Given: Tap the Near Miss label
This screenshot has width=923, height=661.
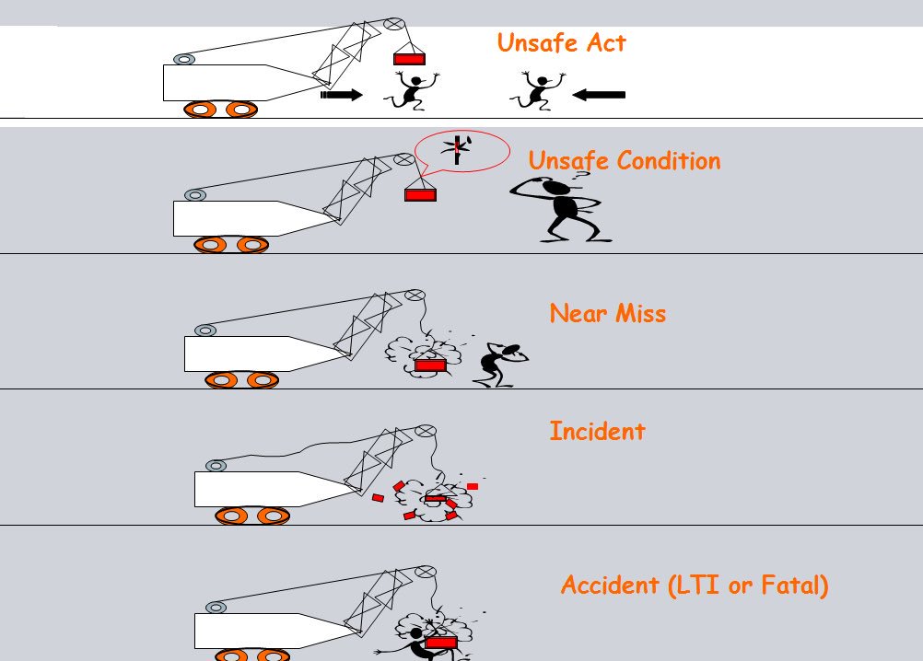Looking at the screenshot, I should (x=607, y=314).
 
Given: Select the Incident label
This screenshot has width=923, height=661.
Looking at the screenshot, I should (x=597, y=431).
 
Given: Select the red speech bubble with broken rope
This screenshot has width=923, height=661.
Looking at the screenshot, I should (x=461, y=150).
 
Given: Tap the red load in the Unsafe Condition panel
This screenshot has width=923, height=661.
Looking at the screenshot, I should (x=420, y=194).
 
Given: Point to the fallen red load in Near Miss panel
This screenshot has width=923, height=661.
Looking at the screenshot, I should (x=429, y=365).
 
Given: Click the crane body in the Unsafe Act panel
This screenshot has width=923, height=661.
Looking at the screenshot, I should (x=230, y=82).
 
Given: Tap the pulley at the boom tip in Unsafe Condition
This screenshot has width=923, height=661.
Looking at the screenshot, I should (x=403, y=159).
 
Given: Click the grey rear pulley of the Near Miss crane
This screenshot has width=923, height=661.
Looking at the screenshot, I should (x=204, y=330).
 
